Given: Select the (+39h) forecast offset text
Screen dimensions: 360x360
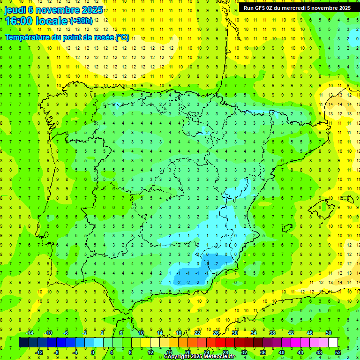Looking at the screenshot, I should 81,21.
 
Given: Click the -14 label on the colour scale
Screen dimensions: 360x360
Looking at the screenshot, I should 29,333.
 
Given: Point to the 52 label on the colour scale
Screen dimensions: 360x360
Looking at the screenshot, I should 338,352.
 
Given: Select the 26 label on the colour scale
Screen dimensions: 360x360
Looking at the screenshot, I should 216,333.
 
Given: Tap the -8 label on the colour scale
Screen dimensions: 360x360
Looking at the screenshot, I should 57,352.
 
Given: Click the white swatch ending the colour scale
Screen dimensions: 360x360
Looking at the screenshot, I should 333,342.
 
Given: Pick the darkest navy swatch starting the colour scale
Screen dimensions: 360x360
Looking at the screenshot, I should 24,342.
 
